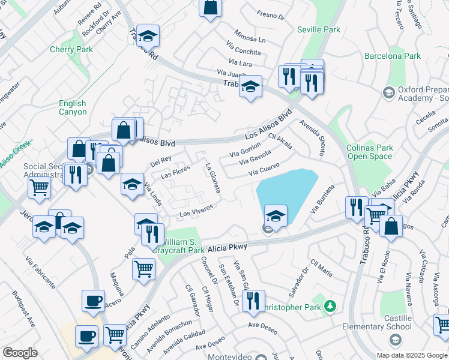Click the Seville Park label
pos(318,29)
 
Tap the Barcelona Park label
pos(393,56)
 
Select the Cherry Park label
pos(71,50)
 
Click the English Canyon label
pos(73,108)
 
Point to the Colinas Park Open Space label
pos(370,152)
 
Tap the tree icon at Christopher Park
pos(329,307)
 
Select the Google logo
pos(20,353)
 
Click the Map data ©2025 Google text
pos(411,355)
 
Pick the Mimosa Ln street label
pos(250,35)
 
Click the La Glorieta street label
pos(213,178)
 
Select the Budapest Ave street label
pos(23,308)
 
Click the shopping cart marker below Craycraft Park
pos(144,268)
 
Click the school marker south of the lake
pos(276,216)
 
